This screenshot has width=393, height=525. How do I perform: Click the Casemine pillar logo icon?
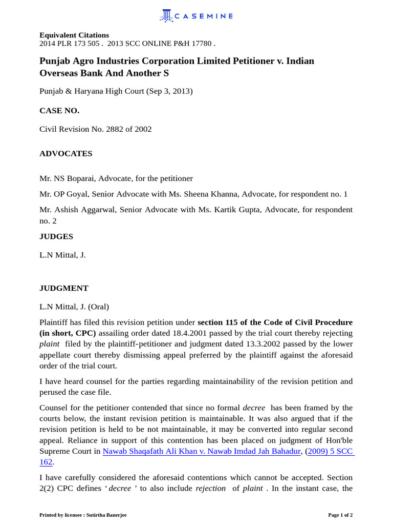tap(166, 16)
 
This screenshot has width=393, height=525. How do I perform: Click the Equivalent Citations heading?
tap(74, 35)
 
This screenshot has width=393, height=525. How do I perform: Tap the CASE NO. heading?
tap(59, 110)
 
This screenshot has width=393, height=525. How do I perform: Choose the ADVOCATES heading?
tap(66, 153)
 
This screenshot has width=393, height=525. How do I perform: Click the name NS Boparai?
tap(75, 178)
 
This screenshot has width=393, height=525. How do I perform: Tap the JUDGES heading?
tap(56, 236)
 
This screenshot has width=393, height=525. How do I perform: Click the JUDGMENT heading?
tap(64, 288)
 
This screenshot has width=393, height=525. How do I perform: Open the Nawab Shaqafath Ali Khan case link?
tap(202, 451)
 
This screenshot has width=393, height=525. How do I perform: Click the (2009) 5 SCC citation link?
tap(330, 451)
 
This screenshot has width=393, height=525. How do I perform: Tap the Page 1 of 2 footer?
tap(340, 515)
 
